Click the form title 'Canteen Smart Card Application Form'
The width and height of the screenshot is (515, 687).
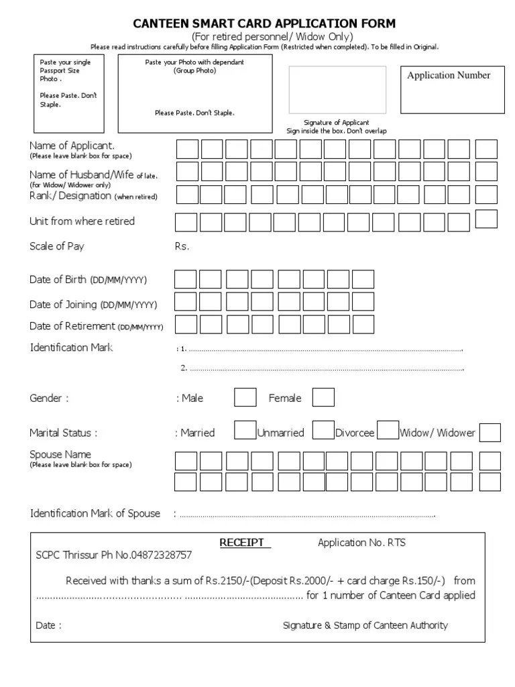[264, 23]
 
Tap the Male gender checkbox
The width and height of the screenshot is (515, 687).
[245, 398]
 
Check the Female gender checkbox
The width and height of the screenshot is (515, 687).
[323, 398]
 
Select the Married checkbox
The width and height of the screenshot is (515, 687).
[245, 429]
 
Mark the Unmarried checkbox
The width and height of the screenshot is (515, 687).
[324, 429]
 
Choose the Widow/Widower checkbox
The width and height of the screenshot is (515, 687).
[490, 433]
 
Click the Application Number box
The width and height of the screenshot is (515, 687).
[453, 89]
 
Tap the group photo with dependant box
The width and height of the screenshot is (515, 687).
[194, 93]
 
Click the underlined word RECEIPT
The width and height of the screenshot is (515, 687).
[245, 543]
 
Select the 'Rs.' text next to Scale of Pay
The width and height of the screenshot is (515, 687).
[182, 246]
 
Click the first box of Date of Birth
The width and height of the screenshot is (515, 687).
[186, 280]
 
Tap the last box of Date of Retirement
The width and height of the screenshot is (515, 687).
[363, 324]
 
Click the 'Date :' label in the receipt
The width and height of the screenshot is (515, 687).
[49, 625]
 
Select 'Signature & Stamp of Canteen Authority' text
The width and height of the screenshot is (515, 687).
[365, 625]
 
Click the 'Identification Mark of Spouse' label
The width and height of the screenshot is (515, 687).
[95, 513]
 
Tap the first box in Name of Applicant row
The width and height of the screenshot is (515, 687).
[186, 149]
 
